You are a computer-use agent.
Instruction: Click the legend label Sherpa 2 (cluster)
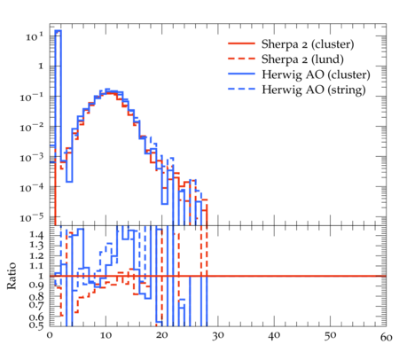(308, 44)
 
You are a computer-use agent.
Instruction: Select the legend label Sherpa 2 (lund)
(302, 59)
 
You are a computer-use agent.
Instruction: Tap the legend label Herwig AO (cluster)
(316, 74)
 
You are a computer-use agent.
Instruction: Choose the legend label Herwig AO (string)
(314, 90)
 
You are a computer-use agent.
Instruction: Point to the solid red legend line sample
(241, 43)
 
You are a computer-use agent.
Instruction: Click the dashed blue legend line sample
(241, 89)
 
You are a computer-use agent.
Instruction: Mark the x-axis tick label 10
(106, 335)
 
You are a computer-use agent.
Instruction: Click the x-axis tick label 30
(218, 336)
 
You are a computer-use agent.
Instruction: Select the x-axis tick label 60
(386, 337)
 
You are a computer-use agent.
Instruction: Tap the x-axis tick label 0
(50, 335)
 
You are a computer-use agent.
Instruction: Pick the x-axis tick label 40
(274, 336)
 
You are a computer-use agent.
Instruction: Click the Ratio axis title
(12, 276)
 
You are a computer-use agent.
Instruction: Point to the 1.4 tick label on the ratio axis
(36, 235)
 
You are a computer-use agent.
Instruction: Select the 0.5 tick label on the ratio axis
(36, 325)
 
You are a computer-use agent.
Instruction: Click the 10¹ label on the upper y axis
(35, 36)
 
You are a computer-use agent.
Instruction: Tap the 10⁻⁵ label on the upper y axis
(32, 218)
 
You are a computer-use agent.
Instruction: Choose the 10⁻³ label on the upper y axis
(32, 158)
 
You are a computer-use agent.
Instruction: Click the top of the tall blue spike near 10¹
(59, 30)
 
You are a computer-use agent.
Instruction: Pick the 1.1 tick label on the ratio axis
(36, 266)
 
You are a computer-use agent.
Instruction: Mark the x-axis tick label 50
(330, 336)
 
